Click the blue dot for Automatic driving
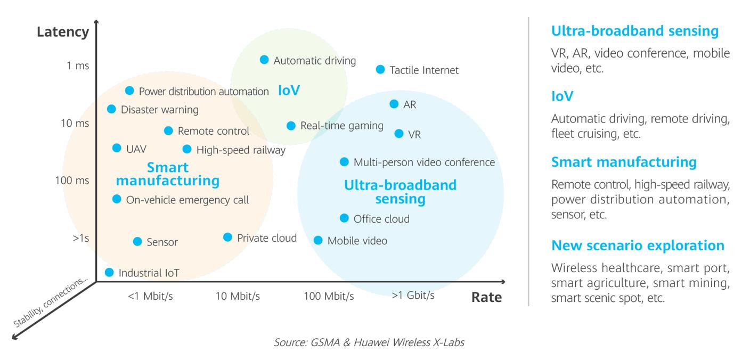(x=264, y=60)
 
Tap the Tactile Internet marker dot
(x=380, y=69)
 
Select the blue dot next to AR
(x=394, y=104)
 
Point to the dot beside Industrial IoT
(x=109, y=272)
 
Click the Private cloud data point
(x=227, y=237)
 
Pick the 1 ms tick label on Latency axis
(x=78, y=66)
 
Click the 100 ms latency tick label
(x=72, y=181)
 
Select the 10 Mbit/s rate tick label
(x=238, y=296)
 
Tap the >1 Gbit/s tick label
(x=413, y=295)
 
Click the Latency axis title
(x=63, y=32)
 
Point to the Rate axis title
(x=486, y=297)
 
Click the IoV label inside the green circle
(x=289, y=91)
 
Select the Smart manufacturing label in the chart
(x=167, y=174)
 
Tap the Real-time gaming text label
(x=341, y=126)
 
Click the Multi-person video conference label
(x=424, y=162)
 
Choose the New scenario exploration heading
(x=638, y=246)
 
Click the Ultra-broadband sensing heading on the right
(x=634, y=31)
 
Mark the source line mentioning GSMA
(x=369, y=342)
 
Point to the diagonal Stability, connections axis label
(x=50, y=302)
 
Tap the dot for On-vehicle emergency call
(x=117, y=199)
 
